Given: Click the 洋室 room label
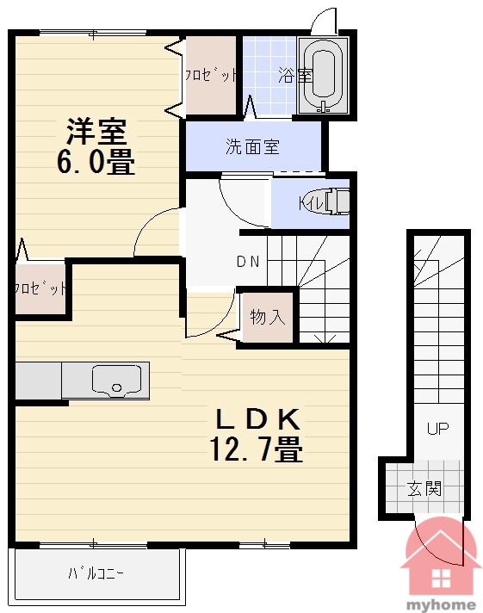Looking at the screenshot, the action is click(96, 132).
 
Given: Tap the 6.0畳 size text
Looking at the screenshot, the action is click(96, 161).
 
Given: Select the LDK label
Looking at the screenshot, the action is click(258, 419).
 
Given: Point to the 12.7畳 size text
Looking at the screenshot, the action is click(257, 449).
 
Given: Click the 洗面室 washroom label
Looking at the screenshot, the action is click(252, 146).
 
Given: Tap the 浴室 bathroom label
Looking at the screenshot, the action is click(295, 75).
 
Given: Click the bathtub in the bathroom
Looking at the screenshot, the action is click(323, 76).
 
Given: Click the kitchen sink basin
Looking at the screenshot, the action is click(116, 381).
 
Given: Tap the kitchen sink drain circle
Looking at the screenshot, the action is click(116, 387).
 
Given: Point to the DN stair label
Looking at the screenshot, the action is click(248, 262).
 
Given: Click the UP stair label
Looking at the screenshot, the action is click(437, 429).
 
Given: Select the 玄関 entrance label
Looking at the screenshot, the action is click(424, 489).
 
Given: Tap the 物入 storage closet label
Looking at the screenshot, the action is click(268, 316).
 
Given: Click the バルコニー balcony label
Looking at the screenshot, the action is click(96, 574).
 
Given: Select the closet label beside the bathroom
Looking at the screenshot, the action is click(211, 74).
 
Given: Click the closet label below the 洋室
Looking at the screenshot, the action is click(40, 288).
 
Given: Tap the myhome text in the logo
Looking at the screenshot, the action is click(441, 604).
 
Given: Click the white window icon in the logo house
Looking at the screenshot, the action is click(441, 579).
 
